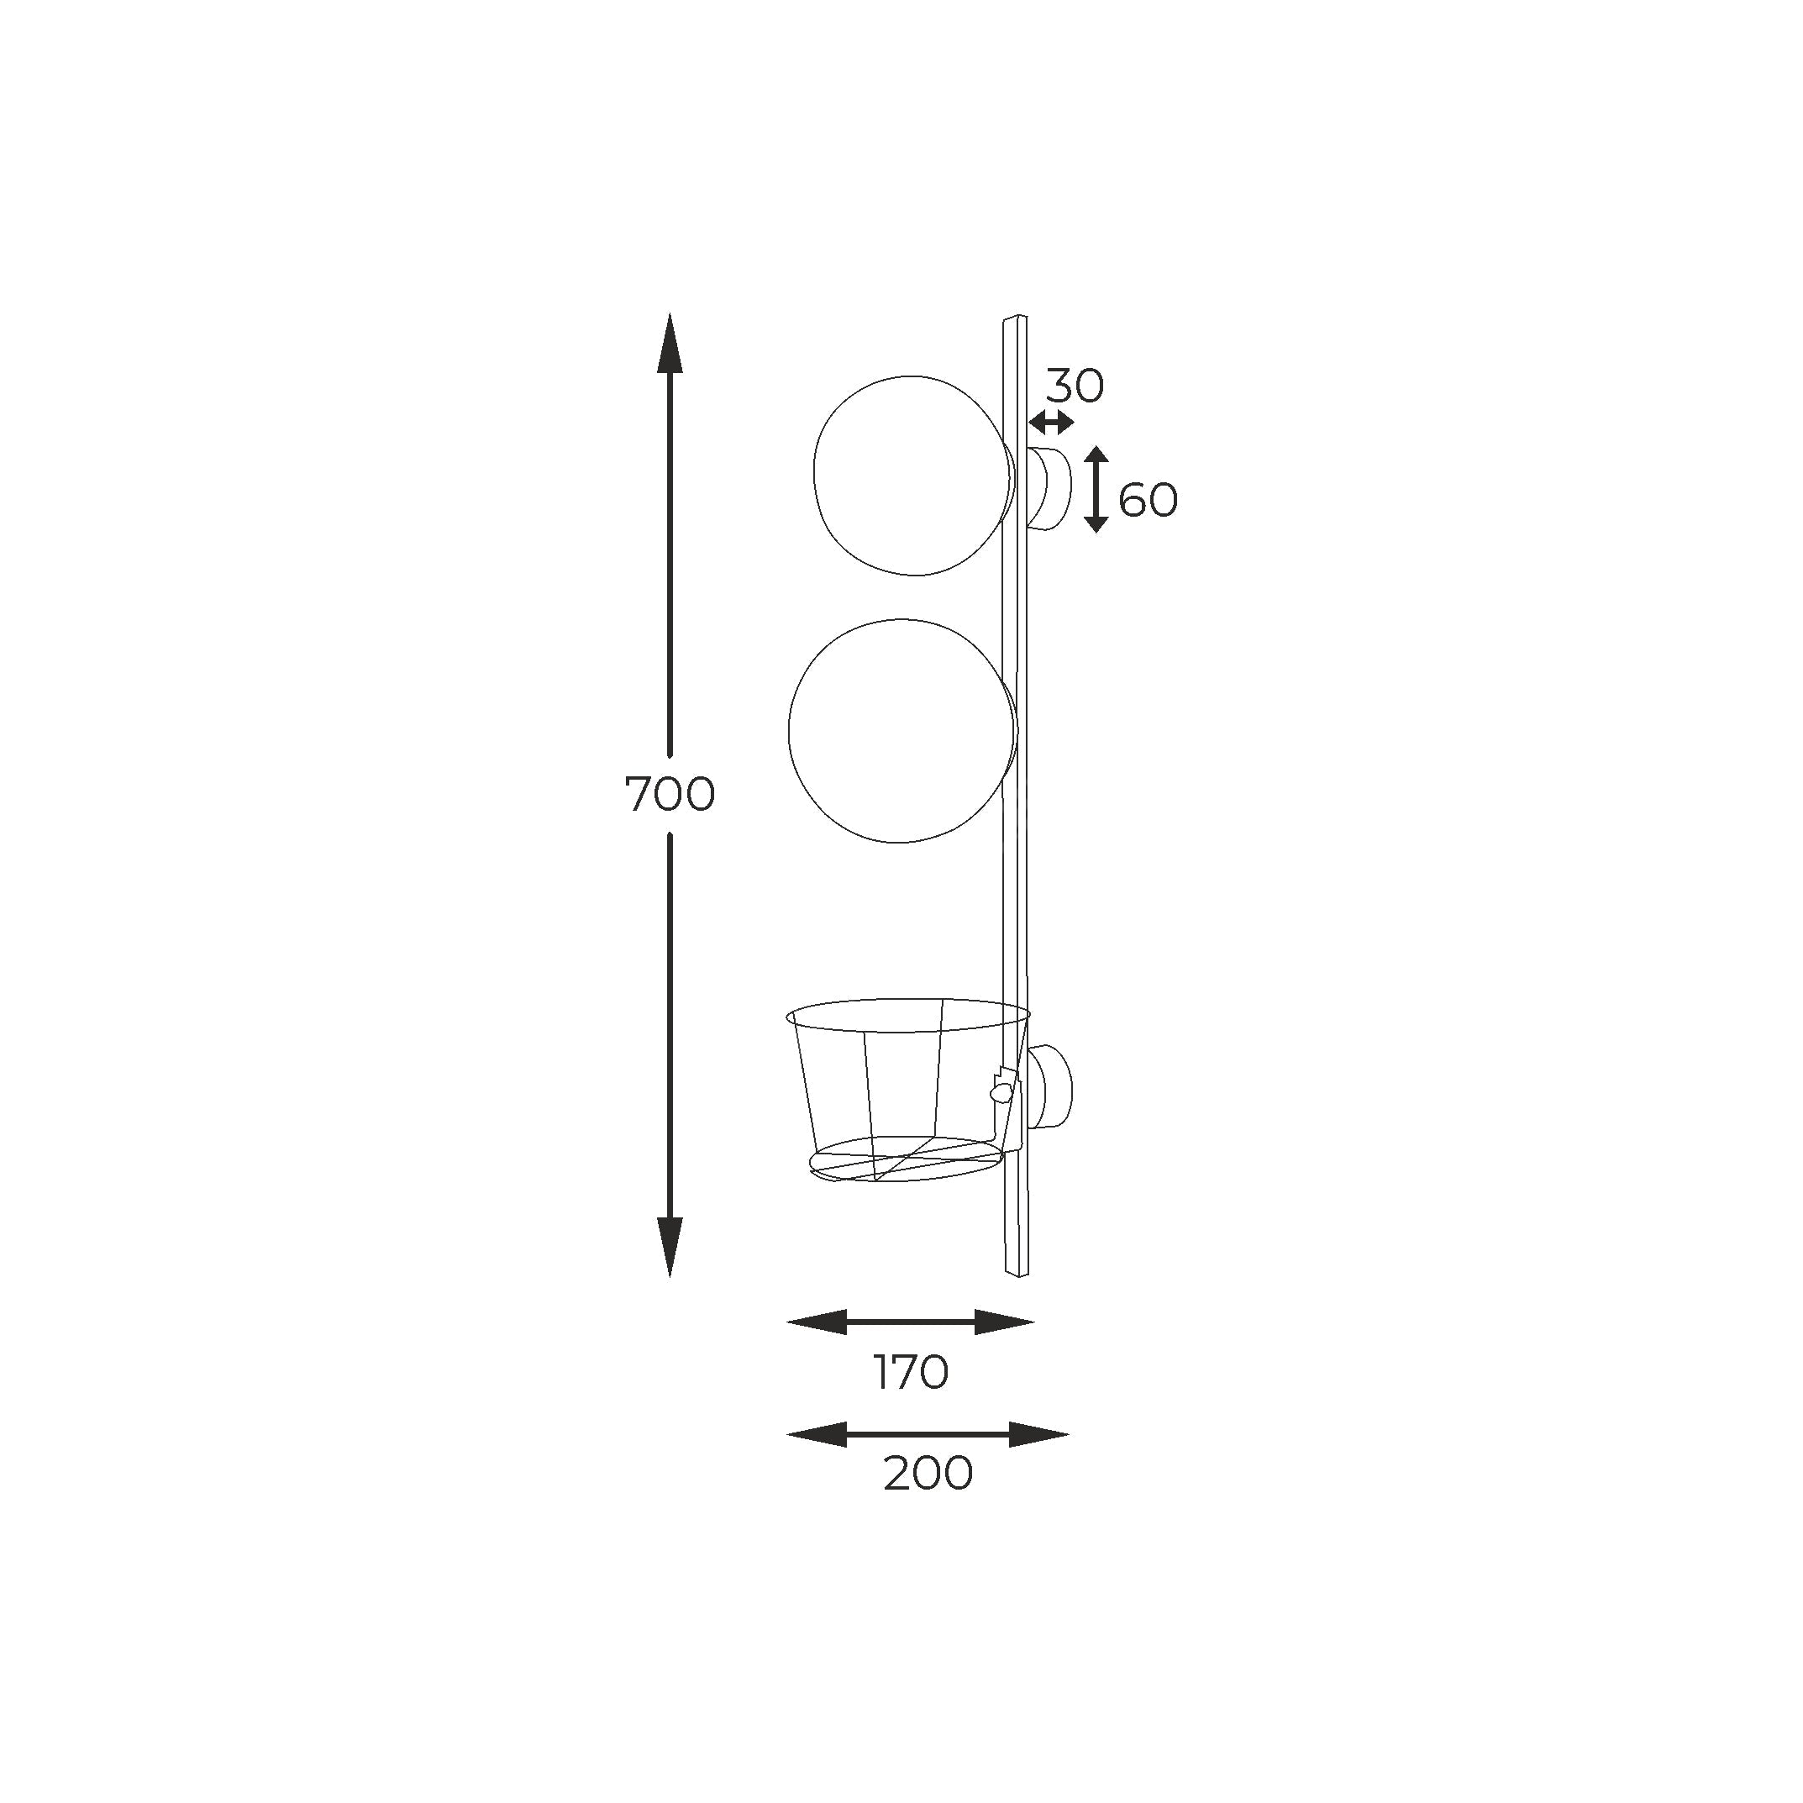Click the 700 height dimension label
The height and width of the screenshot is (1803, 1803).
[669, 795]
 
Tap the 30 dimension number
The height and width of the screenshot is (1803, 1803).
[1074, 386]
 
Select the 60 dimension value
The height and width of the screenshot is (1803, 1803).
[1148, 501]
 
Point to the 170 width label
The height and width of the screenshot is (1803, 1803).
[911, 1373]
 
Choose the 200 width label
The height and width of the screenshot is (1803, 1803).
[928, 1474]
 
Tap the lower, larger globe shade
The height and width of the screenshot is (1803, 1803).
[790, 731]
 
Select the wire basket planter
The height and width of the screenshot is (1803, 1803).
[909, 1090]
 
